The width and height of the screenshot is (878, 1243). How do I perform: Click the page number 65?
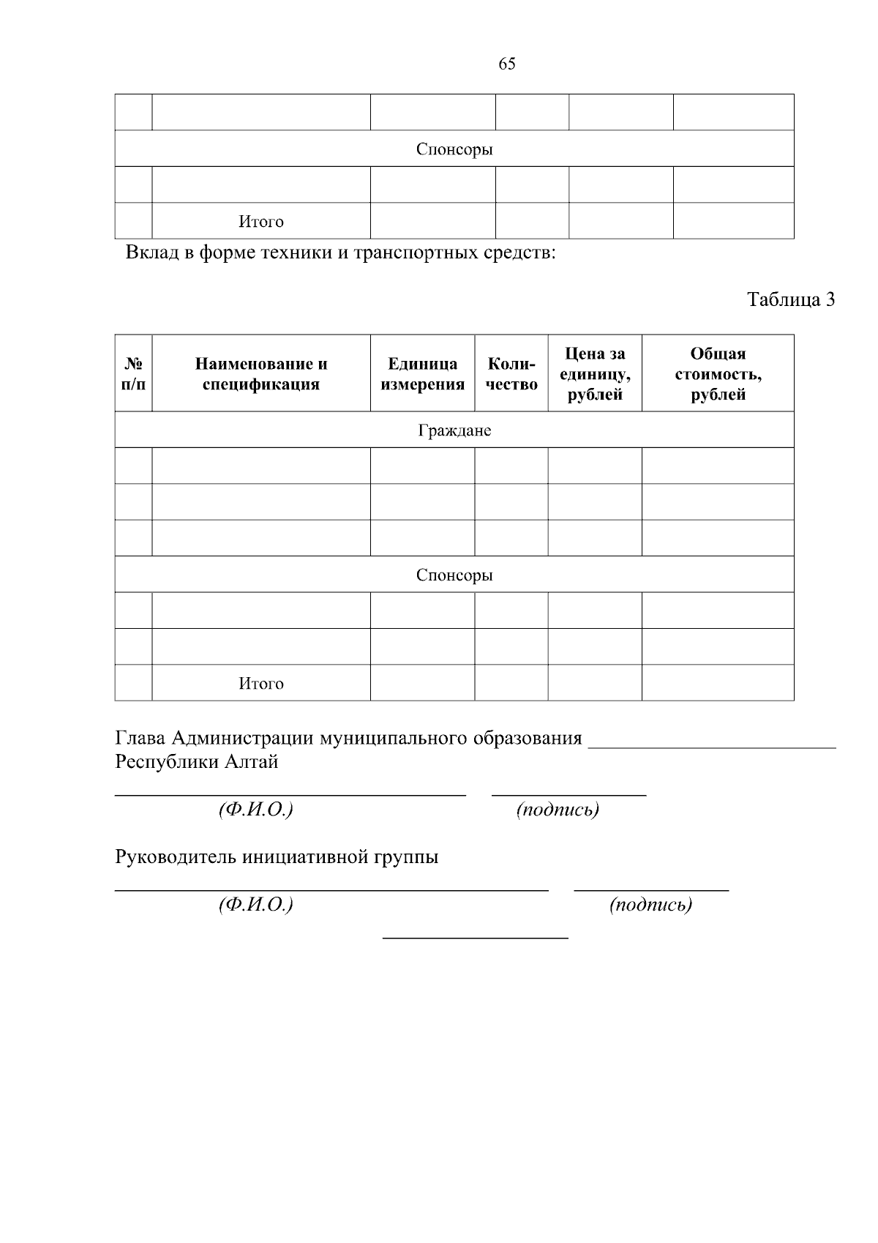[506, 64]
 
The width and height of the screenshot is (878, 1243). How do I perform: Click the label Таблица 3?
[790, 299]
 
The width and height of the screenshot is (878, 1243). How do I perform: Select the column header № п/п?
[133, 373]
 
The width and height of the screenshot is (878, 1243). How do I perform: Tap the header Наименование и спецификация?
[261, 373]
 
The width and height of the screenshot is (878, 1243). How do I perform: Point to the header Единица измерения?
[422, 373]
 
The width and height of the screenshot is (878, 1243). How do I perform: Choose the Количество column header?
[511, 373]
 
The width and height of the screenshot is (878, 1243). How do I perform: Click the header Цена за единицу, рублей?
[595, 373]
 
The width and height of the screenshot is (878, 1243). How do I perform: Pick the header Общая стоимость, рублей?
[718, 373]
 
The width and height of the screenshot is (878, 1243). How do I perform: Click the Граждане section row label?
[454, 430]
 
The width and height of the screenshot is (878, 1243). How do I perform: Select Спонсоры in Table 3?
[454, 575]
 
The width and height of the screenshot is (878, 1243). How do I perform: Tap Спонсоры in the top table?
[454, 149]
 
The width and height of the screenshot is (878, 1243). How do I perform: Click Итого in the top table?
[261, 222]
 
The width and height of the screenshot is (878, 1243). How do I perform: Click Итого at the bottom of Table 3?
[261, 684]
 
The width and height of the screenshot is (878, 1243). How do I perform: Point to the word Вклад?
[151, 253]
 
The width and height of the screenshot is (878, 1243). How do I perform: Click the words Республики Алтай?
[197, 762]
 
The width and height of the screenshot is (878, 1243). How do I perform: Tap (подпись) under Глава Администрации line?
[558, 810]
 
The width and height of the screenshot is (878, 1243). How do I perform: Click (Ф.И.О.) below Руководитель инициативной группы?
[255, 905]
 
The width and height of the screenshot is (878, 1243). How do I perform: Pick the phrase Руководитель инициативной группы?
[277, 857]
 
